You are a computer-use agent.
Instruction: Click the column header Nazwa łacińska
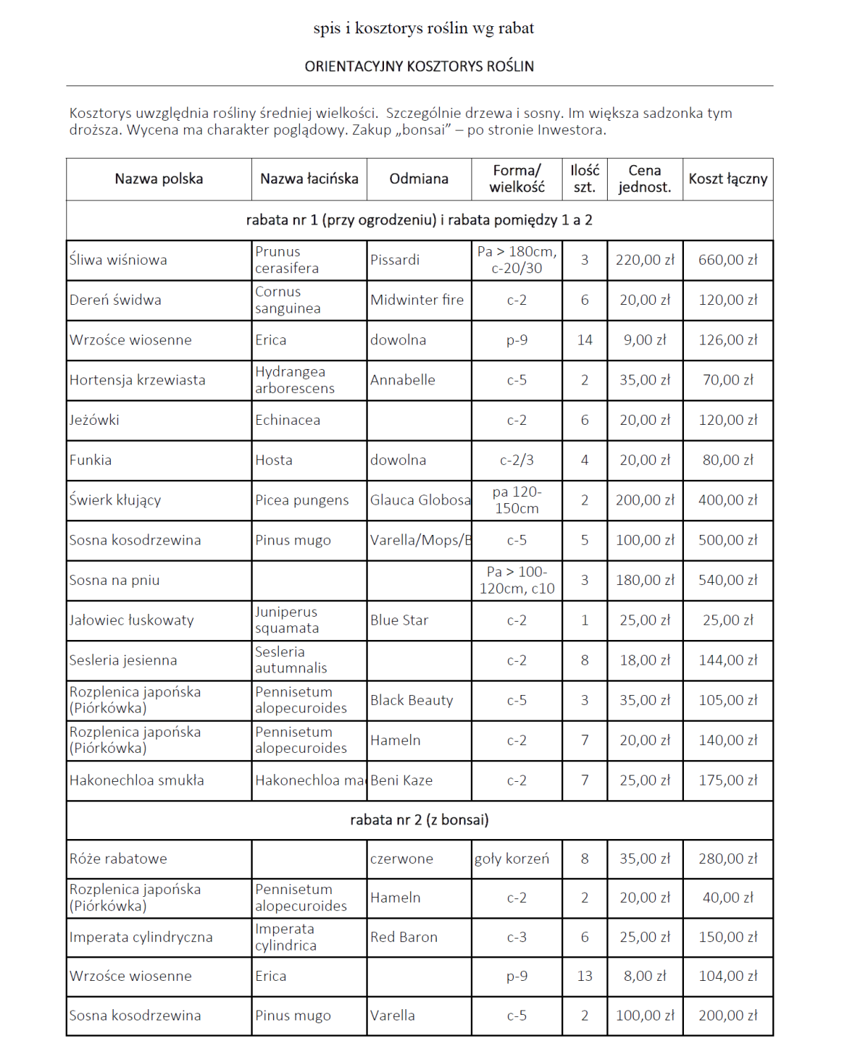click(309, 179)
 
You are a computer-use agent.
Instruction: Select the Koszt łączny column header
click(728, 179)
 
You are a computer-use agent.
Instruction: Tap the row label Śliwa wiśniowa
click(119, 260)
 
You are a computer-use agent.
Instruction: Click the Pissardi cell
click(395, 260)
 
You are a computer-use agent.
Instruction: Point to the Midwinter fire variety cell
click(417, 300)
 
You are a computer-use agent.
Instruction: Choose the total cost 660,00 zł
click(728, 260)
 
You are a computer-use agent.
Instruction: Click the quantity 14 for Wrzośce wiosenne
click(584, 340)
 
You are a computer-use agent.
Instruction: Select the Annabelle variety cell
click(403, 380)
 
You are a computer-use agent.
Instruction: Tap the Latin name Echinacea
click(288, 421)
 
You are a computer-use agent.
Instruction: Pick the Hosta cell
click(274, 460)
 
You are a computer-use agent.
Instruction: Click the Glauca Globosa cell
click(420, 500)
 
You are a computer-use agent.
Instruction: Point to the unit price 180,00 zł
click(644, 580)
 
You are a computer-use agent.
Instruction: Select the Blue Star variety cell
click(400, 620)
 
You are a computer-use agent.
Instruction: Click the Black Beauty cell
click(412, 701)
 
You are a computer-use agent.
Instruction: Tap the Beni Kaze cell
click(402, 780)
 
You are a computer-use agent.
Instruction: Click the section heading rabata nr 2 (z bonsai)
click(419, 820)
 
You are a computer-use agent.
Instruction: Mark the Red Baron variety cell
click(404, 938)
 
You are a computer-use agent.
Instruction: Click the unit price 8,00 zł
click(644, 977)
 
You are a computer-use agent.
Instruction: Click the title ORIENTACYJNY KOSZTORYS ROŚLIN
click(419, 66)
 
